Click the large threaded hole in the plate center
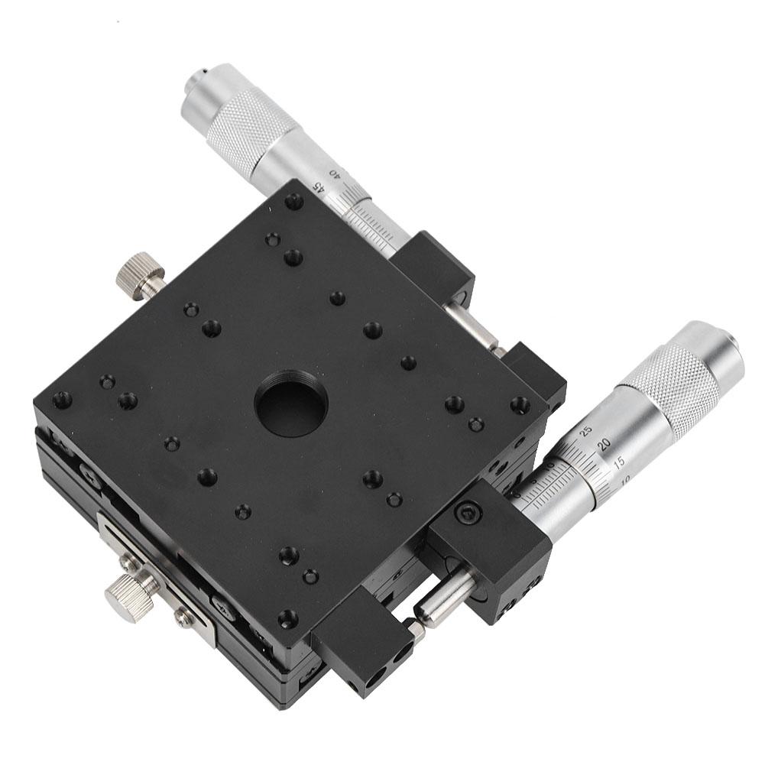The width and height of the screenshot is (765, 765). point(291,402)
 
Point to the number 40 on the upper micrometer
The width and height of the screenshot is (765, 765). point(333,173)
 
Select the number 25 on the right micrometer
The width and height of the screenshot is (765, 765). point(586,430)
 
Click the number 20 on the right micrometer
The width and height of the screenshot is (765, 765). point(603,445)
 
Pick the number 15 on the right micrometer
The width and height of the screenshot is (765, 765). point(620,462)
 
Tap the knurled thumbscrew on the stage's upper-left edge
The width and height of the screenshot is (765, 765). point(141,276)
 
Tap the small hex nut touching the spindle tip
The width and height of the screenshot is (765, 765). point(415,628)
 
